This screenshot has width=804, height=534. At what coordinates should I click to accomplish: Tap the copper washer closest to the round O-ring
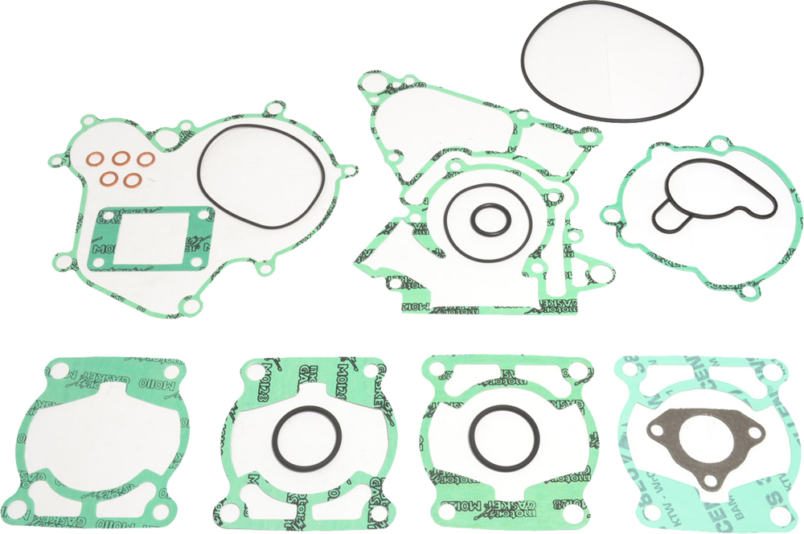pos(145,159)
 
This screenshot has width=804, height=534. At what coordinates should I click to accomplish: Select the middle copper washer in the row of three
pos(124,159)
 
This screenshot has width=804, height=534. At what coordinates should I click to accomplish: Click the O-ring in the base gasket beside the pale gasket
pos(500,407)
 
